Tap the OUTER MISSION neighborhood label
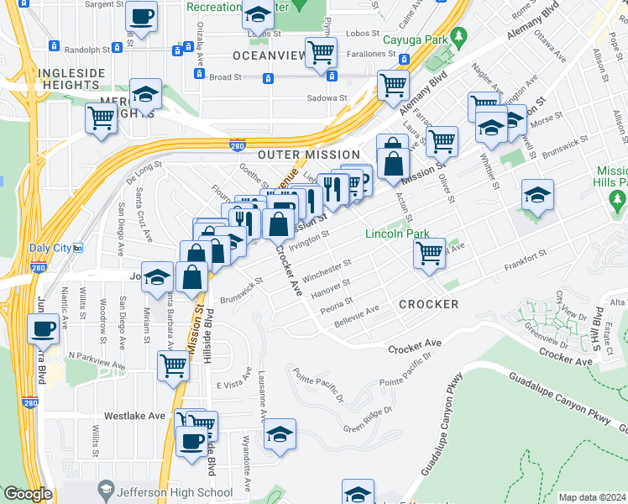point(308,155)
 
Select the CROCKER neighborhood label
point(428,304)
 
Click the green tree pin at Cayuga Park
point(458,37)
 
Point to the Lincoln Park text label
point(397,234)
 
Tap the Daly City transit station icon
point(78,248)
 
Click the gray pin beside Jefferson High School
point(105,487)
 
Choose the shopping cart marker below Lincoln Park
point(429,251)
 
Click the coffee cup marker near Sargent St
point(141,16)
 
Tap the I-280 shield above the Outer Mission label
point(238,146)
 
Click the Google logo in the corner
point(28,494)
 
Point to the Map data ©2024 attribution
point(591,497)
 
